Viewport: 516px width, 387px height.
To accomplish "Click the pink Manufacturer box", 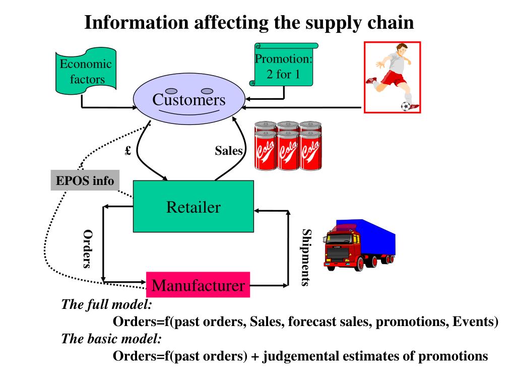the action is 198,285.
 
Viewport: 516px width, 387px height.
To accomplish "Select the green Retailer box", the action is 193,206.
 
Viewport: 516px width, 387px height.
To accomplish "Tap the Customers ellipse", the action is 189,99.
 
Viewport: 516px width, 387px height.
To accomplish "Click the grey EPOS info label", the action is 85,180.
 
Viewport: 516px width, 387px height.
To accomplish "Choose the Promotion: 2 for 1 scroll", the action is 283,65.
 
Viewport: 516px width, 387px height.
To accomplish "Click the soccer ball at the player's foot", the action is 406,106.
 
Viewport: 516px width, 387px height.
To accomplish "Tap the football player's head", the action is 402,50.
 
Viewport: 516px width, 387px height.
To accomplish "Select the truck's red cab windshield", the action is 339,238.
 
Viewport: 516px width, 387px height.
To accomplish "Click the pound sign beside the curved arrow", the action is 128,150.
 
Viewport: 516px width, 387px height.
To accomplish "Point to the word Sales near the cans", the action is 229,151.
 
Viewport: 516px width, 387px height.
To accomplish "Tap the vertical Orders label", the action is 88,249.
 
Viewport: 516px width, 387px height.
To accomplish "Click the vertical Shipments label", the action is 306,257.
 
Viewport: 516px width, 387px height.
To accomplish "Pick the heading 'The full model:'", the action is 107,304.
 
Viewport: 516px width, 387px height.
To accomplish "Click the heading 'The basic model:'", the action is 111,339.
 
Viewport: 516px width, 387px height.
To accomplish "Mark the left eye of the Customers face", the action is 171,91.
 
